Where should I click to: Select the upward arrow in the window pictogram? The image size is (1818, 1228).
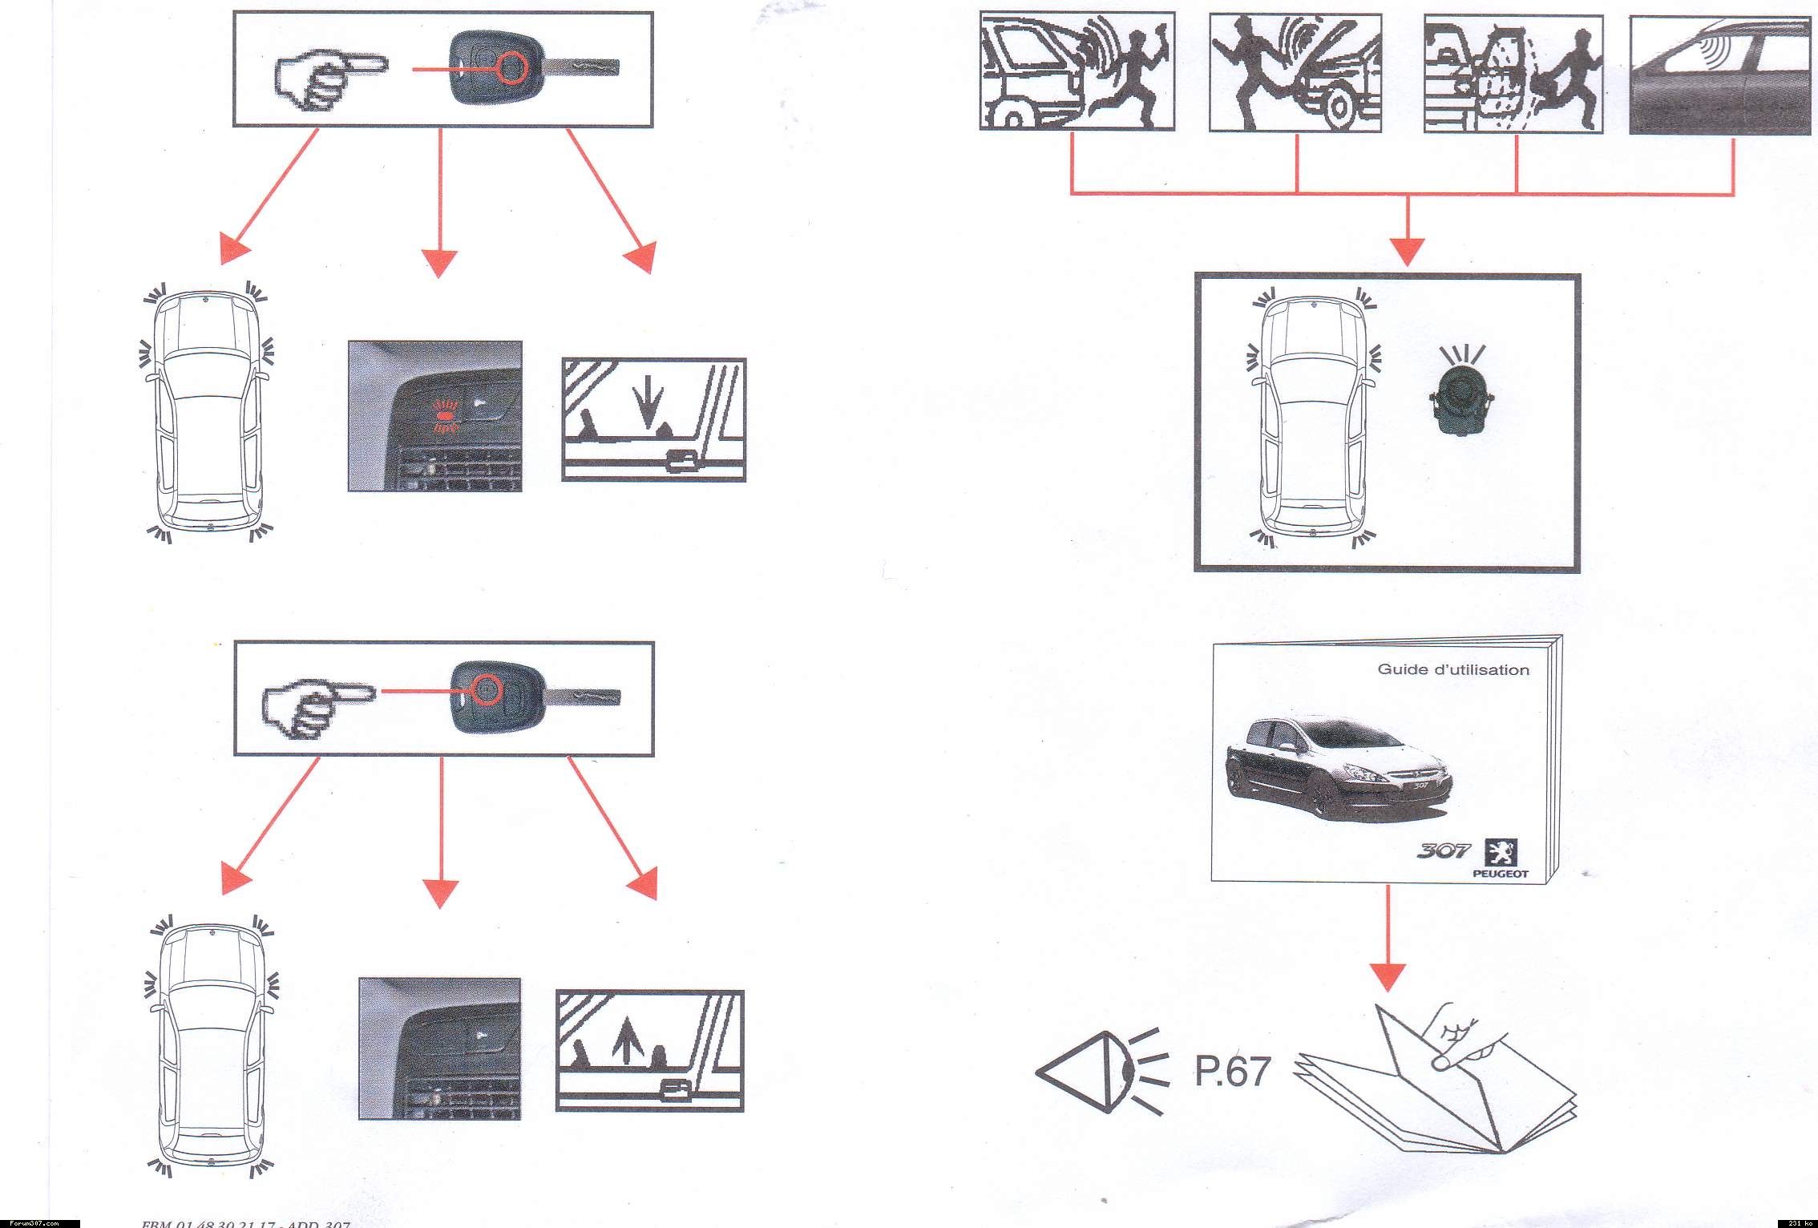tap(621, 1044)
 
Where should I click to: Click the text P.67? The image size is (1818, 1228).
tap(1232, 1072)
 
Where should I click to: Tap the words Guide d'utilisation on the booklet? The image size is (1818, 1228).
tap(1452, 669)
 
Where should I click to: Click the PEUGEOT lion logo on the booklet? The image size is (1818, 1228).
tap(1501, 852)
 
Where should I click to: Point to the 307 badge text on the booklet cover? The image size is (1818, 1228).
tap(1443, 850)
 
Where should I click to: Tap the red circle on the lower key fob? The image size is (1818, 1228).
tap(486, 688)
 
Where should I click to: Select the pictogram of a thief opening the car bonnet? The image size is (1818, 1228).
tap(1295, 73)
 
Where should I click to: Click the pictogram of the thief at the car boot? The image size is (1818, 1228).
tap(1077, 71)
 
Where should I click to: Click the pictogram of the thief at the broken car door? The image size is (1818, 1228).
tap(1513, 75)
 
